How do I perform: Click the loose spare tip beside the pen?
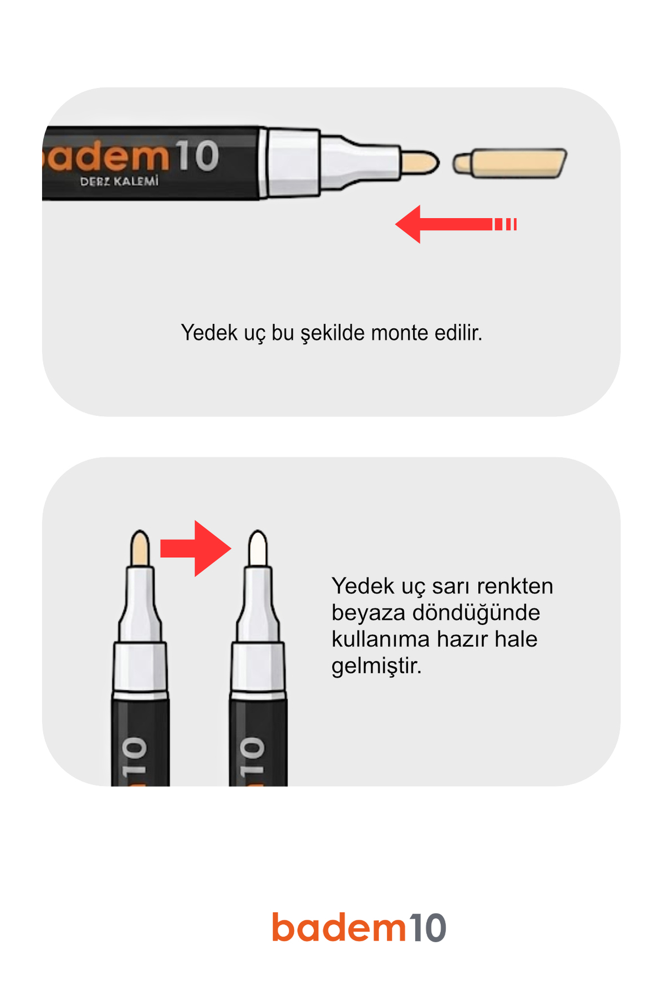pyautogui.click(x=510, y=163)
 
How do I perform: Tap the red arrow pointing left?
pyautogui.click(x=456, y=224)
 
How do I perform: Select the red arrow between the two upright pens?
pyautogui.click(x=196, y=548)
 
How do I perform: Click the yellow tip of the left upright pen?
pyautogui.click(x=140, y=548)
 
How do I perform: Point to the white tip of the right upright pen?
pyautogui.click(x=258, y=548)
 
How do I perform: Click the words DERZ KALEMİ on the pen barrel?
pyautogui.click(x=119, y=181)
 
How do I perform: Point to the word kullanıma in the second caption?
pyautogui.click(x=380, y=639)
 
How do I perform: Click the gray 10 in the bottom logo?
pyautogui.click(x=427, y=928)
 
